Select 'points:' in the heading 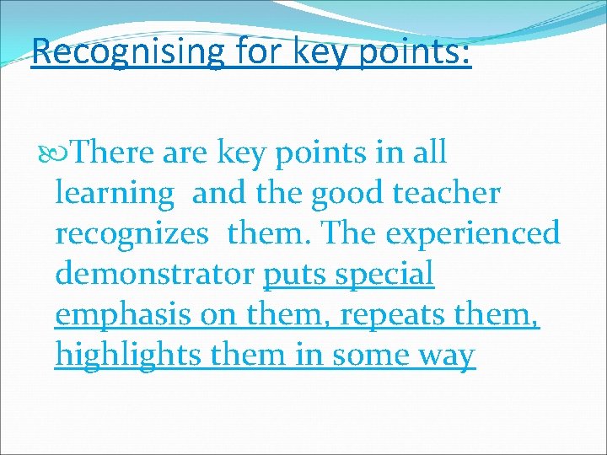[x=418, y=51]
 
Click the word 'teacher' [x=447, y=193]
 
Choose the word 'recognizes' [x=131, y=233]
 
